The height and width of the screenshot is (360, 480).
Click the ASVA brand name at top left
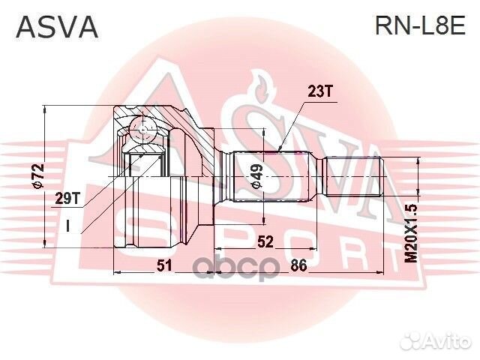(57, 27)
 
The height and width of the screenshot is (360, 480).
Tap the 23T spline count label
(319, 91)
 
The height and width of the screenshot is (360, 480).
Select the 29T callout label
(67, 199)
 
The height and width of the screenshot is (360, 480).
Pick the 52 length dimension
(265, 242)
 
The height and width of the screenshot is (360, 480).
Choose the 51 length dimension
(164, 265)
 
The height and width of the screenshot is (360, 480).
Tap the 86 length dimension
(298, 265)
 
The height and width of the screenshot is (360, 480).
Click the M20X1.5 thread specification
(411, 233)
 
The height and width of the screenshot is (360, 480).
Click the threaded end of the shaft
(352, 176)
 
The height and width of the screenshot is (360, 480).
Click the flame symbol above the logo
(261, 87)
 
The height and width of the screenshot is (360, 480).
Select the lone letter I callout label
(68, 226)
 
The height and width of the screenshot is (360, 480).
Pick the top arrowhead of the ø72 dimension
(45, 106)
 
